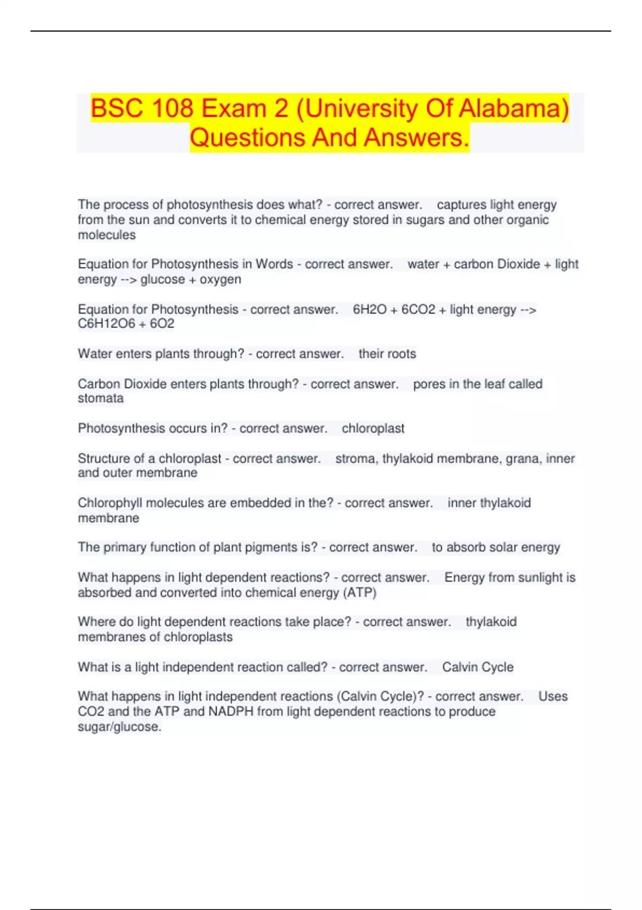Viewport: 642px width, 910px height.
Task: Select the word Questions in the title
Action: point(247,138)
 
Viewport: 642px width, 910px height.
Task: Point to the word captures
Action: point(461,205)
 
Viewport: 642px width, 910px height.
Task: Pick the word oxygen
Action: point(220,279)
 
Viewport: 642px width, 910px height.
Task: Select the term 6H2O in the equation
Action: point(369,309)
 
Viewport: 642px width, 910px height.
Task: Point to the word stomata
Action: point(101,398)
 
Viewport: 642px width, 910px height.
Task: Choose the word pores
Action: point(429,384)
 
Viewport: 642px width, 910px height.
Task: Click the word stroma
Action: point(355,459)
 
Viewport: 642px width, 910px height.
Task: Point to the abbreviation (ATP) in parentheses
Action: point(360,593)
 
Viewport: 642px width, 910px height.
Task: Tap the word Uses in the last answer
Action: point(553,696)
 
